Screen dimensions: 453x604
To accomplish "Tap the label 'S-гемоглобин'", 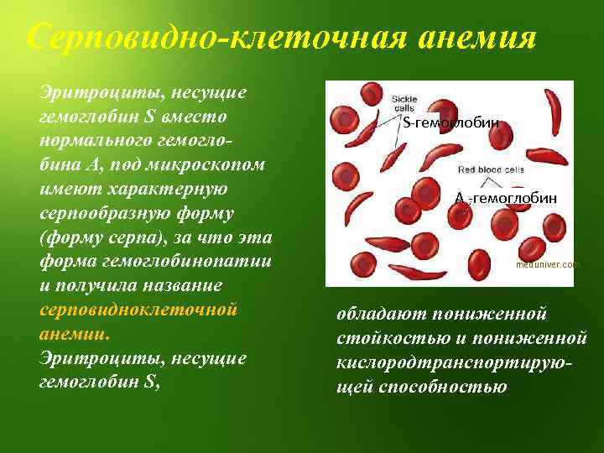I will pyautogui.click(x=450, y=123).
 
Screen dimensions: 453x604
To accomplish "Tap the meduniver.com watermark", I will pyautogui.click(x=548, y=264).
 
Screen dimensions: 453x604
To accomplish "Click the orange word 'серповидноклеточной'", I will pyautogui.click(x=139, y=308).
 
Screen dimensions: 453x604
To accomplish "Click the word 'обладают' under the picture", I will pyautogui.click(x=382, y=314).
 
